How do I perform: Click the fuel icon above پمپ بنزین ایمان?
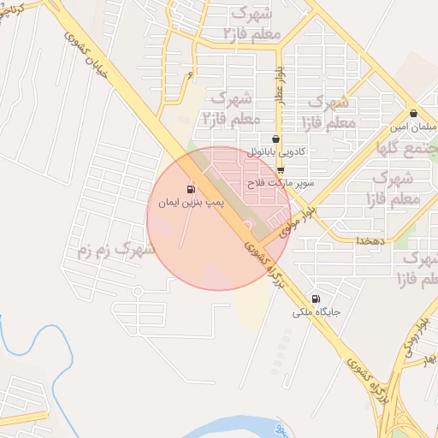[x=190, y=189]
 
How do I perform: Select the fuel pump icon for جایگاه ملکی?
[x=317, y=299]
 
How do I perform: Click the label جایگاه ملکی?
[x=317, y=314]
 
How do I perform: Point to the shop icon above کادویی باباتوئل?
[x=275, y=139]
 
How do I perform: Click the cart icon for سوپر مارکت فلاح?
[x=281, y=170]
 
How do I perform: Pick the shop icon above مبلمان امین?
[x=413, y=114]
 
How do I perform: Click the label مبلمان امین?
[x=413, y=127]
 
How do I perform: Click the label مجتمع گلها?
[x=410, y=149]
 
